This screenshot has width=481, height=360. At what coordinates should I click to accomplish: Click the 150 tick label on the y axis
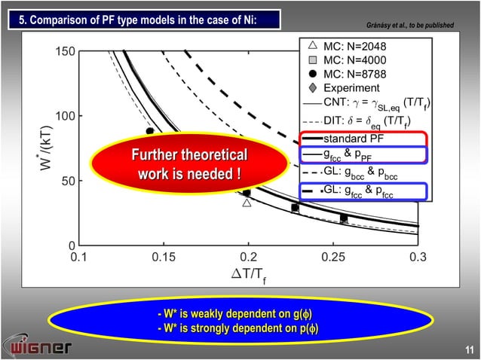pos(64,51)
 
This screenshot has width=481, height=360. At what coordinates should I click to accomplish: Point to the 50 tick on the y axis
pos(67,181)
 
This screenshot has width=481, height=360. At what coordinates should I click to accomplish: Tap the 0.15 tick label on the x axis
pos(162,258)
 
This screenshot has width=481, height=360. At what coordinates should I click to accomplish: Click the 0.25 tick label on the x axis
pos(332,258)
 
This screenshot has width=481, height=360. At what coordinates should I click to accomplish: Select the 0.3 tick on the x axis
pos(417,258)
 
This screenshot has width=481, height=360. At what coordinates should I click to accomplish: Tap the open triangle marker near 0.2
pos(247,202)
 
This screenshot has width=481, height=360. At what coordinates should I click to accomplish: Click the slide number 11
pos(468,349)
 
